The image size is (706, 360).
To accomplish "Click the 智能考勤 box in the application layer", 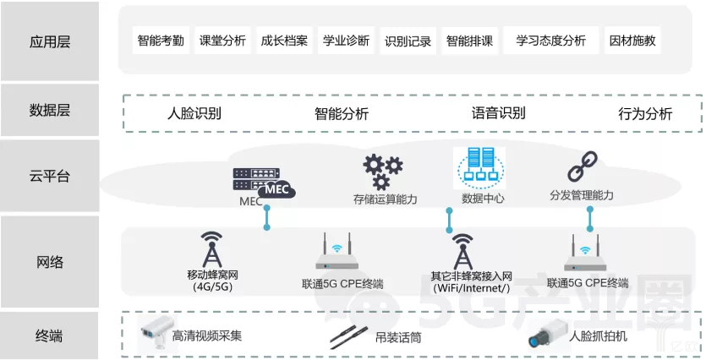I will (160, 40).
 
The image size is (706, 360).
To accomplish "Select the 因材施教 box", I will (631, 40).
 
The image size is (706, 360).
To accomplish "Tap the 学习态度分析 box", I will (550, 40).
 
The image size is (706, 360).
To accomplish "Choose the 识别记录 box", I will (408, 41).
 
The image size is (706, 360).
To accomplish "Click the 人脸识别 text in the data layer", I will (194, 113).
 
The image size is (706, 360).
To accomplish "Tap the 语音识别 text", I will (498, 113).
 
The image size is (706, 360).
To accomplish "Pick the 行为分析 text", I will (645, 113).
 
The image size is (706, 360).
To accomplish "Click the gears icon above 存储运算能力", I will (383, 172).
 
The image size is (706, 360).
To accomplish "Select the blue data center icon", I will (479, 168).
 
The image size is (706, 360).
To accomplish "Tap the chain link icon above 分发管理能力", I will (582, 166).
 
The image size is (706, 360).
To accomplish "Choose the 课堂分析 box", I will (222, 40).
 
